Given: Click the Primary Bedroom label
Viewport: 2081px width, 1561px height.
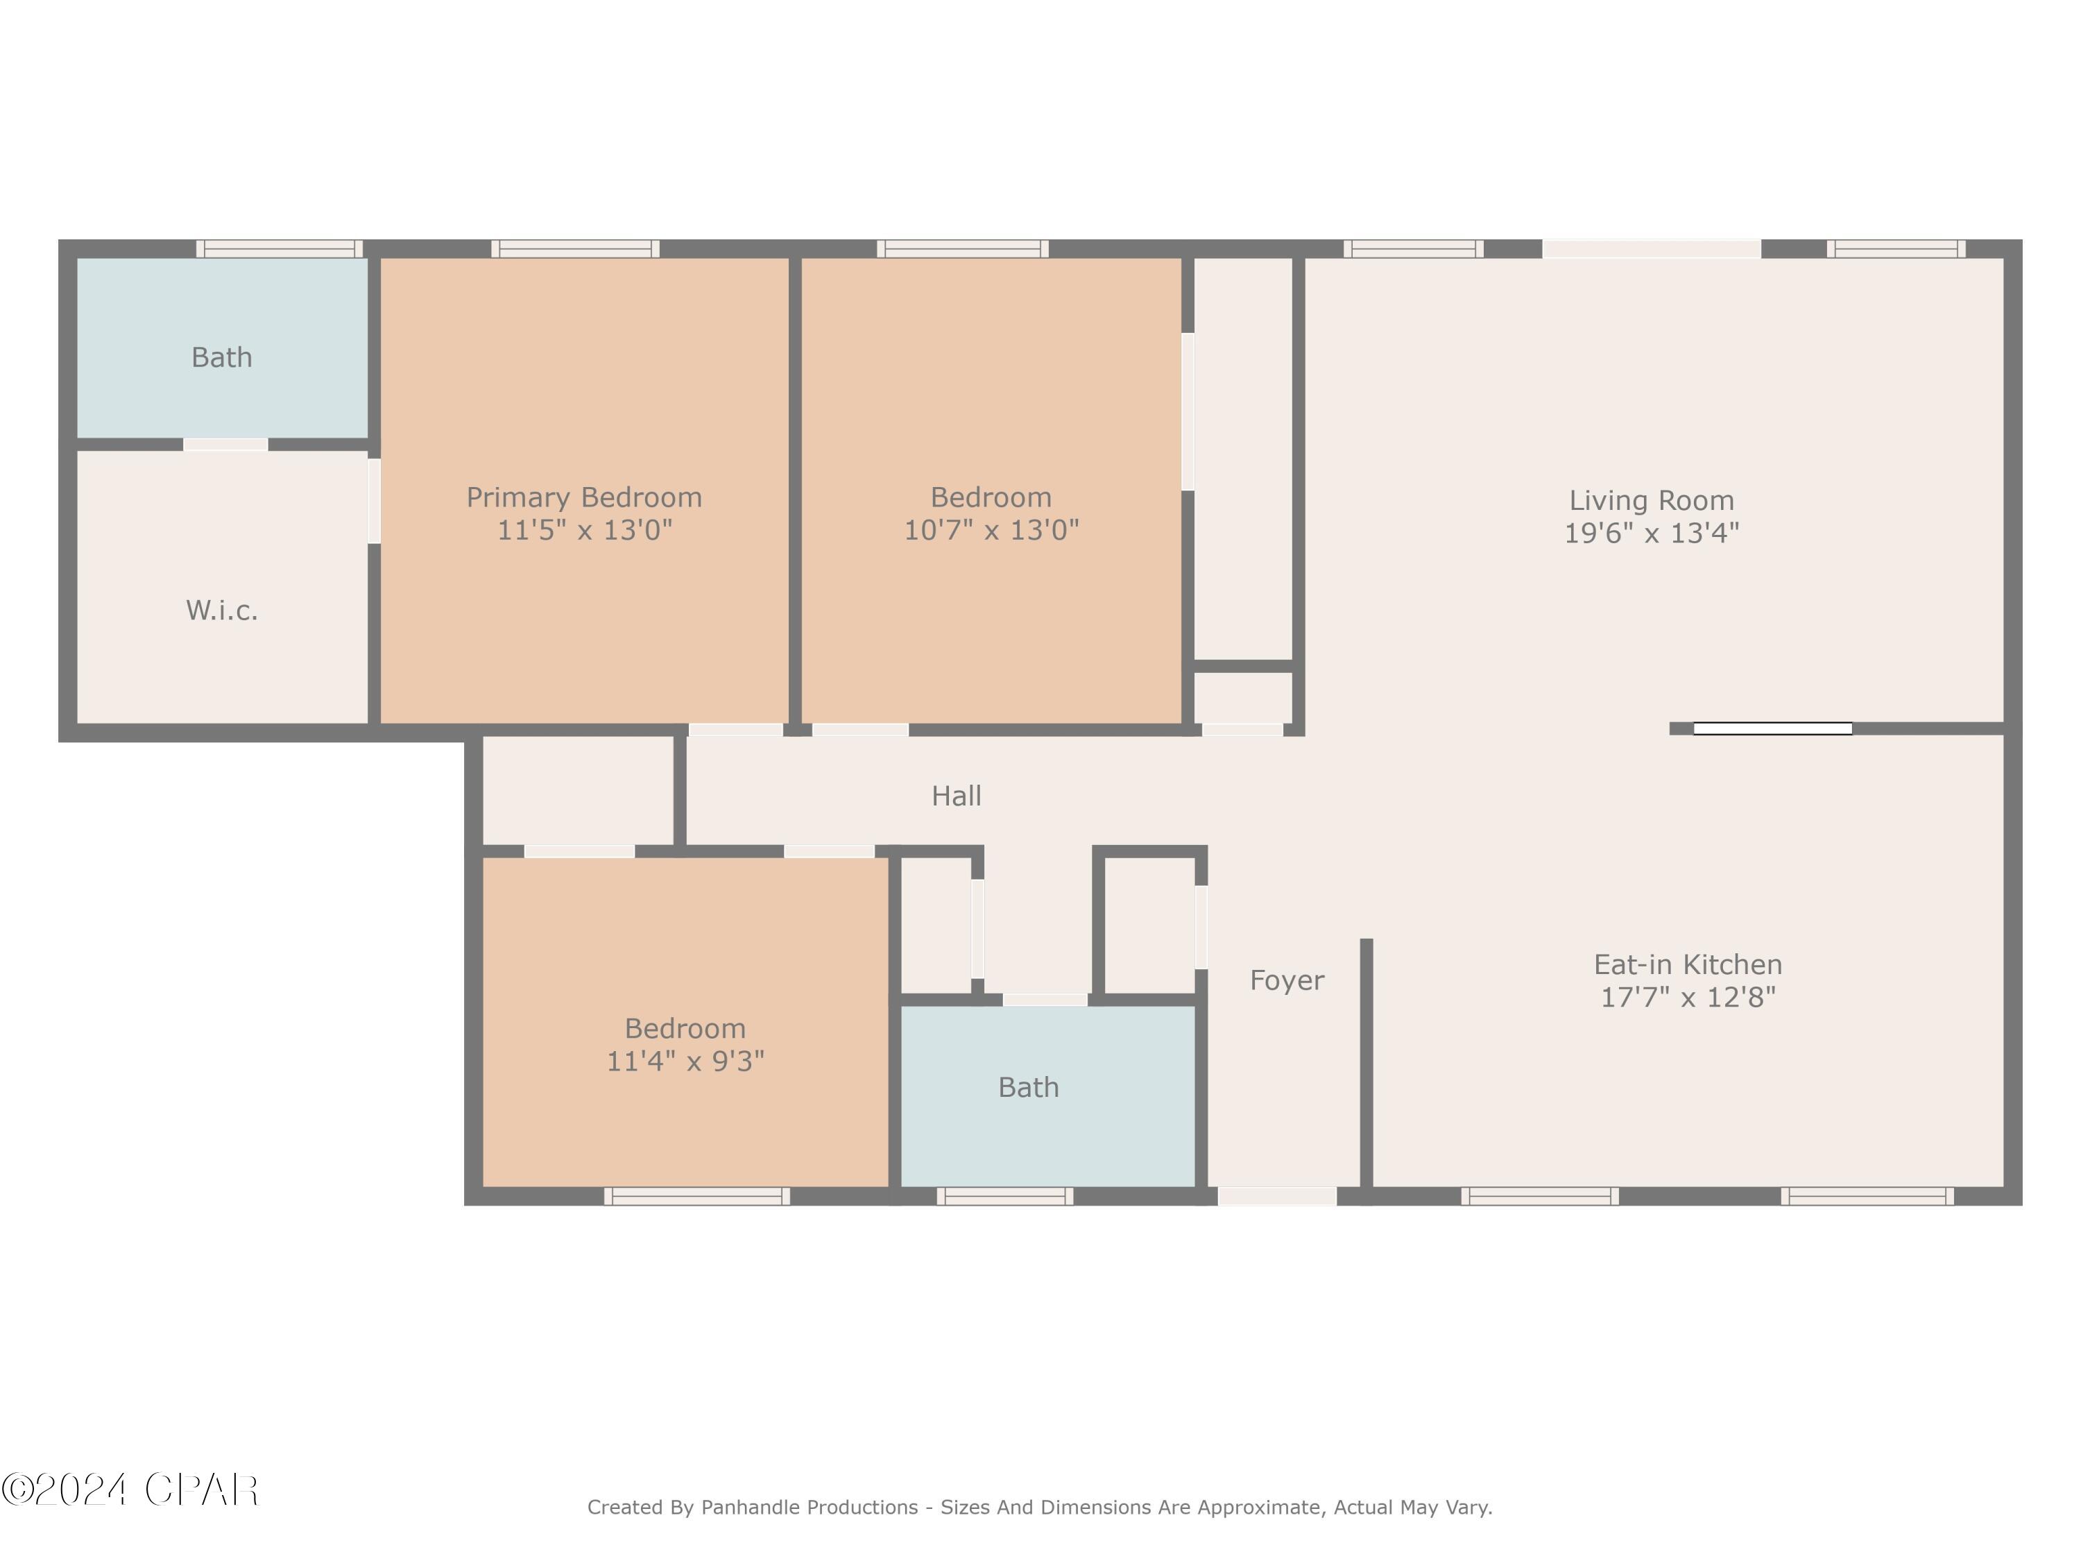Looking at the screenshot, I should click(x=583, y=497).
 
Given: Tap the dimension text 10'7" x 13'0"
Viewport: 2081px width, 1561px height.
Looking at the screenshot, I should click(x=991, y=531).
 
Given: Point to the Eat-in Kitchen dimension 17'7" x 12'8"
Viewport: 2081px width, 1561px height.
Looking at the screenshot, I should click(x=1688, y=998).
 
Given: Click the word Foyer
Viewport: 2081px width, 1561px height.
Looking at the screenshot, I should click(x=1286, y=980).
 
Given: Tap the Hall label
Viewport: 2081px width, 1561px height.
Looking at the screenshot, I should click(x=956, y=796).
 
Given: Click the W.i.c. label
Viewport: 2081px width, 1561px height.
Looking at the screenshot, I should click(x=222, y=611).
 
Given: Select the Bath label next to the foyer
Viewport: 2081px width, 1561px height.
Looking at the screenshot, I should click(x=1028, y=1088).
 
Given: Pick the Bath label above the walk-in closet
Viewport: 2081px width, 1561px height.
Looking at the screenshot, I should click(x=222, y=357).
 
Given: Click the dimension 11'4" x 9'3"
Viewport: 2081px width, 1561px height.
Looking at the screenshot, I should click(x=685, y=1061).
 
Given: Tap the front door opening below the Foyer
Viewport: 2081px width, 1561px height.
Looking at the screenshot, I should click(x=1276, y=1196).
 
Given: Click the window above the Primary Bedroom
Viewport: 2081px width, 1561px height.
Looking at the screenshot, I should click(x=575, y=249).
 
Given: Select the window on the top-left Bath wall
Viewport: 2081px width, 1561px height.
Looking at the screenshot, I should click(x=280, y=249).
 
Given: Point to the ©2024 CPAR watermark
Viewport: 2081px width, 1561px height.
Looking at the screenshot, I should click(x=130, y=1490).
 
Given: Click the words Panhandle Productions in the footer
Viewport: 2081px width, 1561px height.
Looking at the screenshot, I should click(x=809, y=1508).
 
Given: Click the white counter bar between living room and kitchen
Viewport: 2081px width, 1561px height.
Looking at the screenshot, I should click(x=1772, y=728).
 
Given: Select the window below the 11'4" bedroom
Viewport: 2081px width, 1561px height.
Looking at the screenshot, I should click(x=696, y=1196).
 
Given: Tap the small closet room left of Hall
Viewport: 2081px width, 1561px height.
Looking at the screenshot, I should click(x=578, y=790).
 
